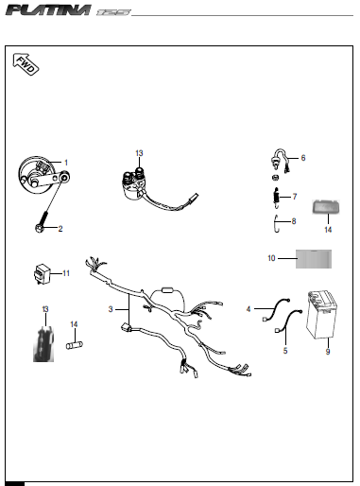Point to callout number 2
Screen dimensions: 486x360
click(61, 229)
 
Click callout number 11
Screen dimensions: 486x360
click(66, 273)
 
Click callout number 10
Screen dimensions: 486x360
click(271, 257)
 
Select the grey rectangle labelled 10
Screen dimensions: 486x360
click(312, 257)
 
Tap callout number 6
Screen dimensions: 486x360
click(302, 158)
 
